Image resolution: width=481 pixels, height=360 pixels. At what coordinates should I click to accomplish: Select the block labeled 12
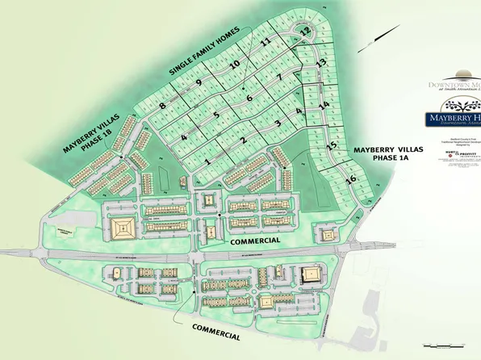click(x=305, y=31)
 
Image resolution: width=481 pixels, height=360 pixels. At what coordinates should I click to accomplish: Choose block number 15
click(x=332, y=145)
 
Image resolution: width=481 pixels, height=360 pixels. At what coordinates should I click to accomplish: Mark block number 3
click(x=277, y=123)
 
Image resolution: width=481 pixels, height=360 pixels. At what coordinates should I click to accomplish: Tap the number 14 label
click(x=324, y=106)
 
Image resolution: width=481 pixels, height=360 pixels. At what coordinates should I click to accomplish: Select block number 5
click(x=216, y=115)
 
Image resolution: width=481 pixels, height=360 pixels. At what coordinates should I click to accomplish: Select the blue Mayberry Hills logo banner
click(x=453, y=119)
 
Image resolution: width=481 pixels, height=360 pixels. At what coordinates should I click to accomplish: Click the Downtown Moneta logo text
click(x=454, y=85)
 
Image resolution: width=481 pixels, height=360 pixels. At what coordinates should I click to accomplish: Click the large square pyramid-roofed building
click(x=124, y=228)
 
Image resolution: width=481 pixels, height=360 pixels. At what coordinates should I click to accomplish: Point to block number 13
click(x=320, y=63)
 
